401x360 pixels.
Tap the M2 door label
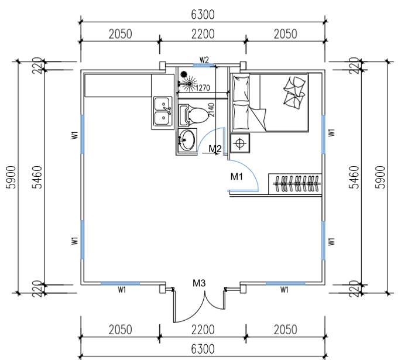coord(215,149)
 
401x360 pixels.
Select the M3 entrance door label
coord(200,284)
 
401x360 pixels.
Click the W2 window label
coord(204,60)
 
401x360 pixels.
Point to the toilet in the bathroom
coord(194,114)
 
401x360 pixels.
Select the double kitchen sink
coord(162,112)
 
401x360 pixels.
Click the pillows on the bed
coord(294,90)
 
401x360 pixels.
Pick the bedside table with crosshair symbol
coord(240,142)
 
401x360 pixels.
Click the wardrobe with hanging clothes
coord(296,184)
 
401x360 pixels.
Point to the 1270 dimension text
coord(203,88)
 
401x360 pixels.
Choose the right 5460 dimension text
coord(353,175)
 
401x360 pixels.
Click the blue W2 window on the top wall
coord(203,66)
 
